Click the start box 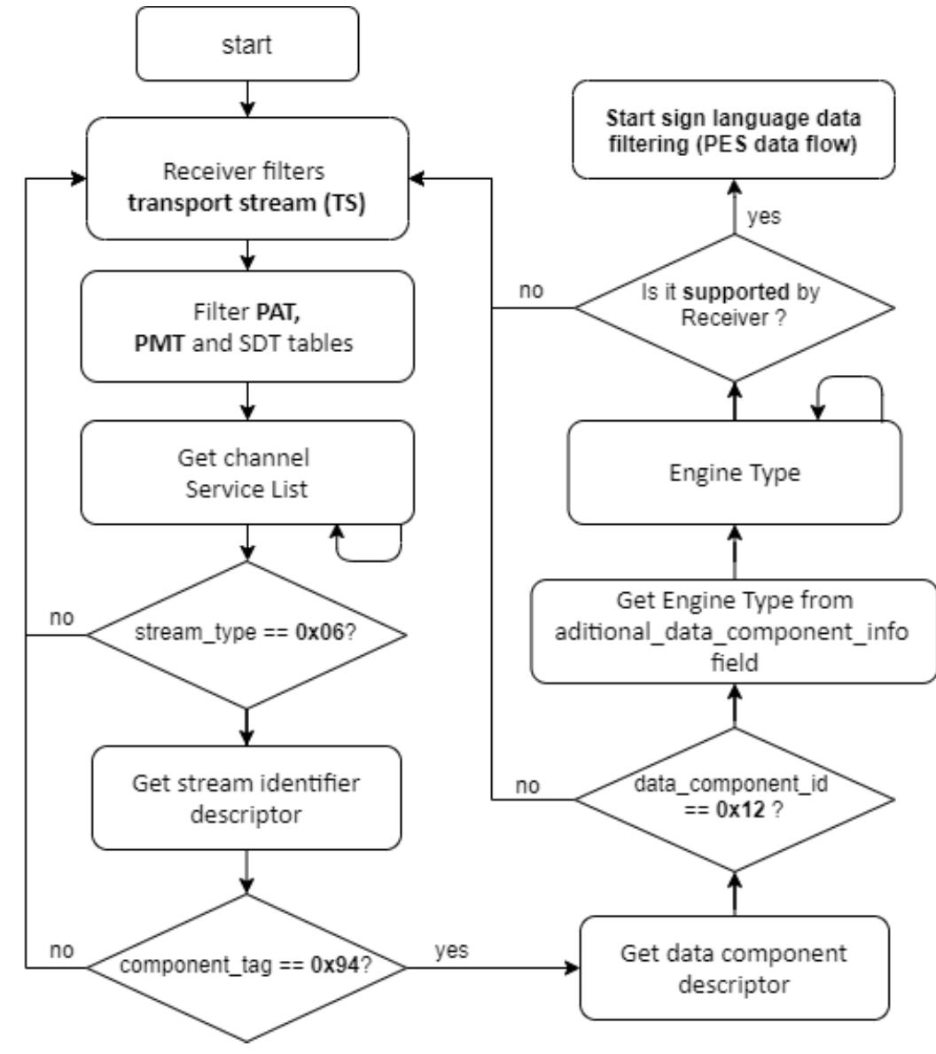coord(247,44)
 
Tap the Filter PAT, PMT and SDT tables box coord(247,325)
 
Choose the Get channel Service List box coord(247,472)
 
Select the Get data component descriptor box coord(735,967)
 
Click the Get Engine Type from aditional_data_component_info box coord(735,631)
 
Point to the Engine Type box coord(735,472)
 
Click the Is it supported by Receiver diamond coord(735,308)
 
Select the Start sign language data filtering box coord(735,133)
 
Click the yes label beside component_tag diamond coord(452,950)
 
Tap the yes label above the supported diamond coord(764,216)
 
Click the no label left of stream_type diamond coord(61,616)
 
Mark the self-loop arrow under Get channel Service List coord(368,547)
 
